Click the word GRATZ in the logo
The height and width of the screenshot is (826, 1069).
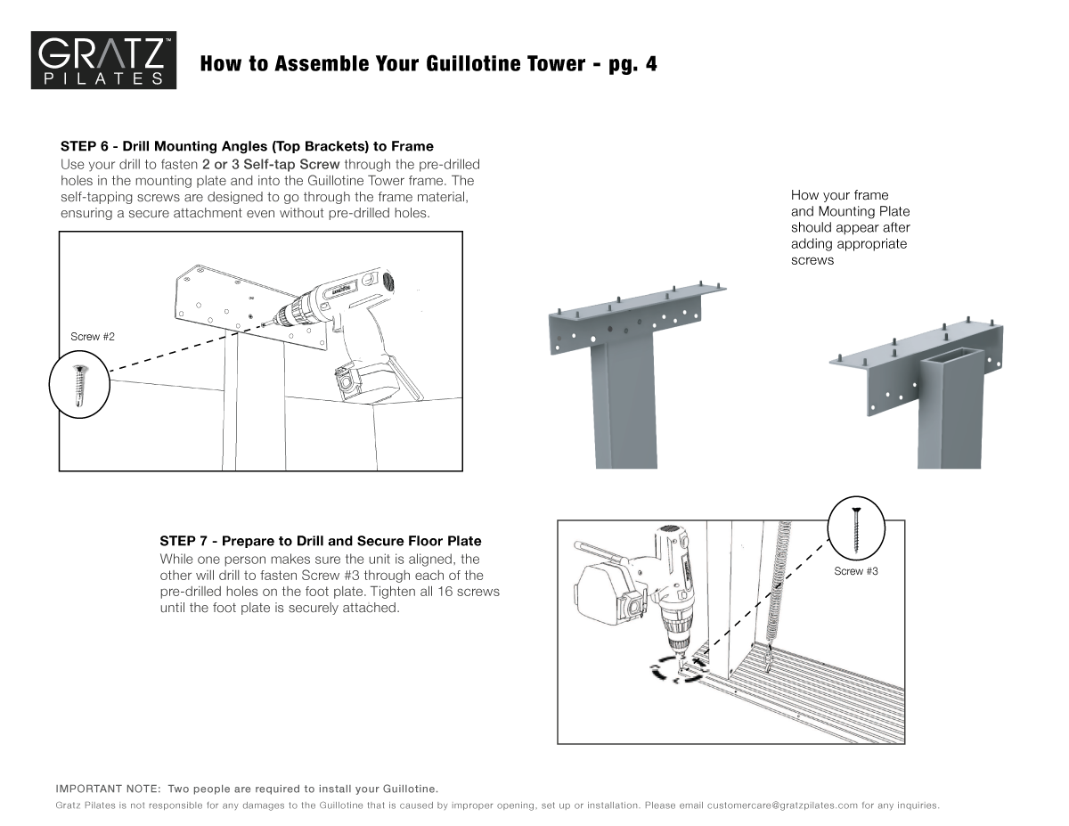pos(100,57)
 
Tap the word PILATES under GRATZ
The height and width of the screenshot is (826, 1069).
pos(102,79)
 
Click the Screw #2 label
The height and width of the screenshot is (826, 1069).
pos(93,338)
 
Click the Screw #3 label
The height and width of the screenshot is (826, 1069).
pos(856,571)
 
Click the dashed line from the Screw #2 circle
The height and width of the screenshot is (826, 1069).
pos(178,358)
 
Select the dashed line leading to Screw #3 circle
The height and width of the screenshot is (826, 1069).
pos(775,588)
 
